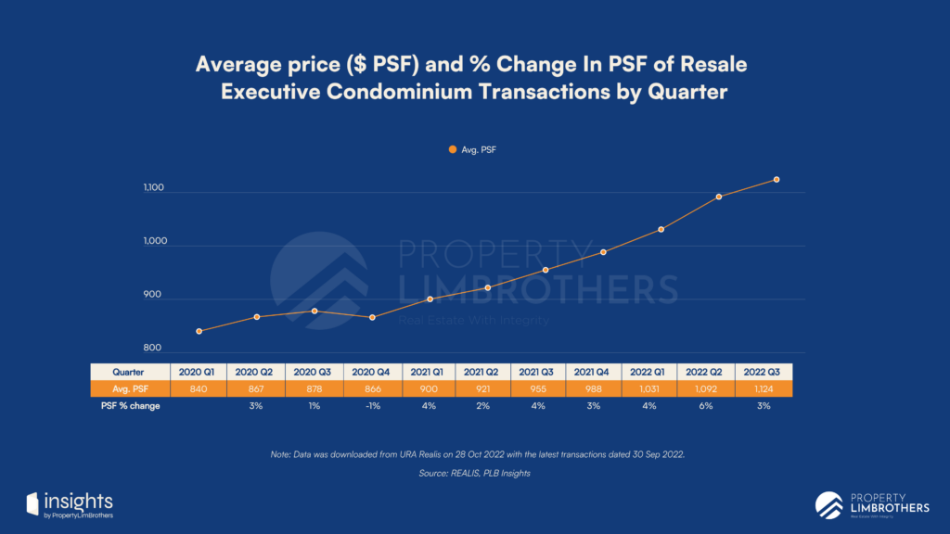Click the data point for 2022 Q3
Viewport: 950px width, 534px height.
[777, 180]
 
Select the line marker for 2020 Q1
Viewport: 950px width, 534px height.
[199, 331]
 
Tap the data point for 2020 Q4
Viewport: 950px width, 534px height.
[372, 317]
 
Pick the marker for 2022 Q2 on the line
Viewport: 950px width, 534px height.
[719, 197]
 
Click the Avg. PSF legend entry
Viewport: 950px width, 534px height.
[474, 148]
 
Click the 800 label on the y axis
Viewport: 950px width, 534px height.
[153, 349]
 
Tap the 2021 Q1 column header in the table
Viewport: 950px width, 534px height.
[430, 372]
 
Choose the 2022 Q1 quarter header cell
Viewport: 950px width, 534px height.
[661, 372]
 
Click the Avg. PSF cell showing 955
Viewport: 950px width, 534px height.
[546, 388]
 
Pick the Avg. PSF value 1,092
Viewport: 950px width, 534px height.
[718, 388]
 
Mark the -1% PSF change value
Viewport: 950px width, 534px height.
[372, 406]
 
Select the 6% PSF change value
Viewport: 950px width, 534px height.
[718, 406]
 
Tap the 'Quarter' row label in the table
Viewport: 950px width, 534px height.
[128, 372]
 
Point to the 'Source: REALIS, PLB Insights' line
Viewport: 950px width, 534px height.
[474, 474]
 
